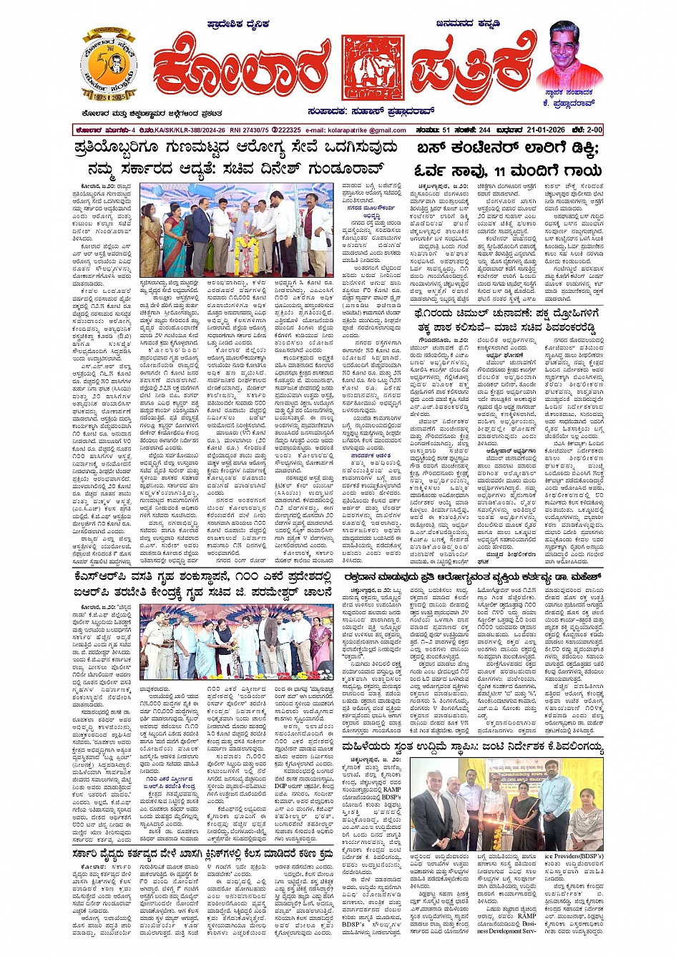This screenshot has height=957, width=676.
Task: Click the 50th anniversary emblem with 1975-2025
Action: tap(109, 65)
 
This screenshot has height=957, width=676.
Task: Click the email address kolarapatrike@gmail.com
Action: tap(355, 130)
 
